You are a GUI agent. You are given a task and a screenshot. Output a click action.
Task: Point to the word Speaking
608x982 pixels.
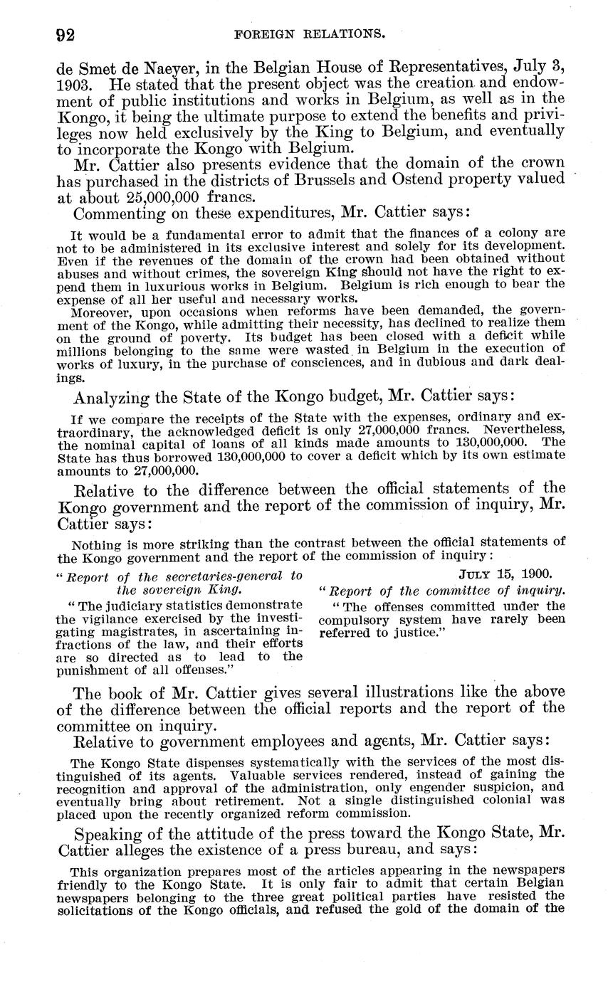(113, 834)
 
